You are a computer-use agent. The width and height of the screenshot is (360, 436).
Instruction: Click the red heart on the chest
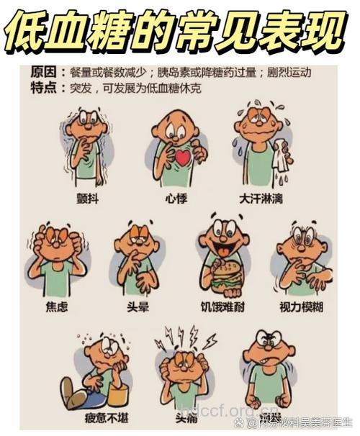[x=182, y=157]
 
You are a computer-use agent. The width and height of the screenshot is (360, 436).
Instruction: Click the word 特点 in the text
[x=42, y=86]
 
